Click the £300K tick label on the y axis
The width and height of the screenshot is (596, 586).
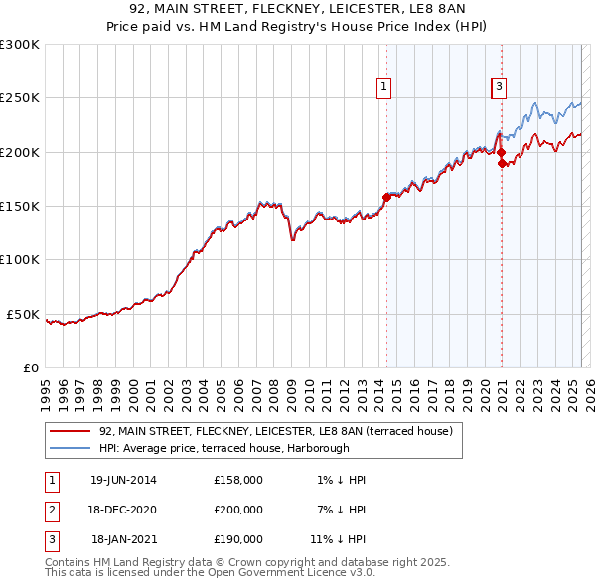point(20,45)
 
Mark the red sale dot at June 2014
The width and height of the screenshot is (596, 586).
point(385,197)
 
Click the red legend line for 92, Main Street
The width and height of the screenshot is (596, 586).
point(70,431)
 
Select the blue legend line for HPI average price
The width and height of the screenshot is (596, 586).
point(70,447)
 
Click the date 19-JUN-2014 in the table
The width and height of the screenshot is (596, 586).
point(123,480)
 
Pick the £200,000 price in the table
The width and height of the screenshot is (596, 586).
point(238,510)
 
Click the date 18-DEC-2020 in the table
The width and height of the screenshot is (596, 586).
point(123,510)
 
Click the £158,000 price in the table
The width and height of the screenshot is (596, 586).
point(238,480)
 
